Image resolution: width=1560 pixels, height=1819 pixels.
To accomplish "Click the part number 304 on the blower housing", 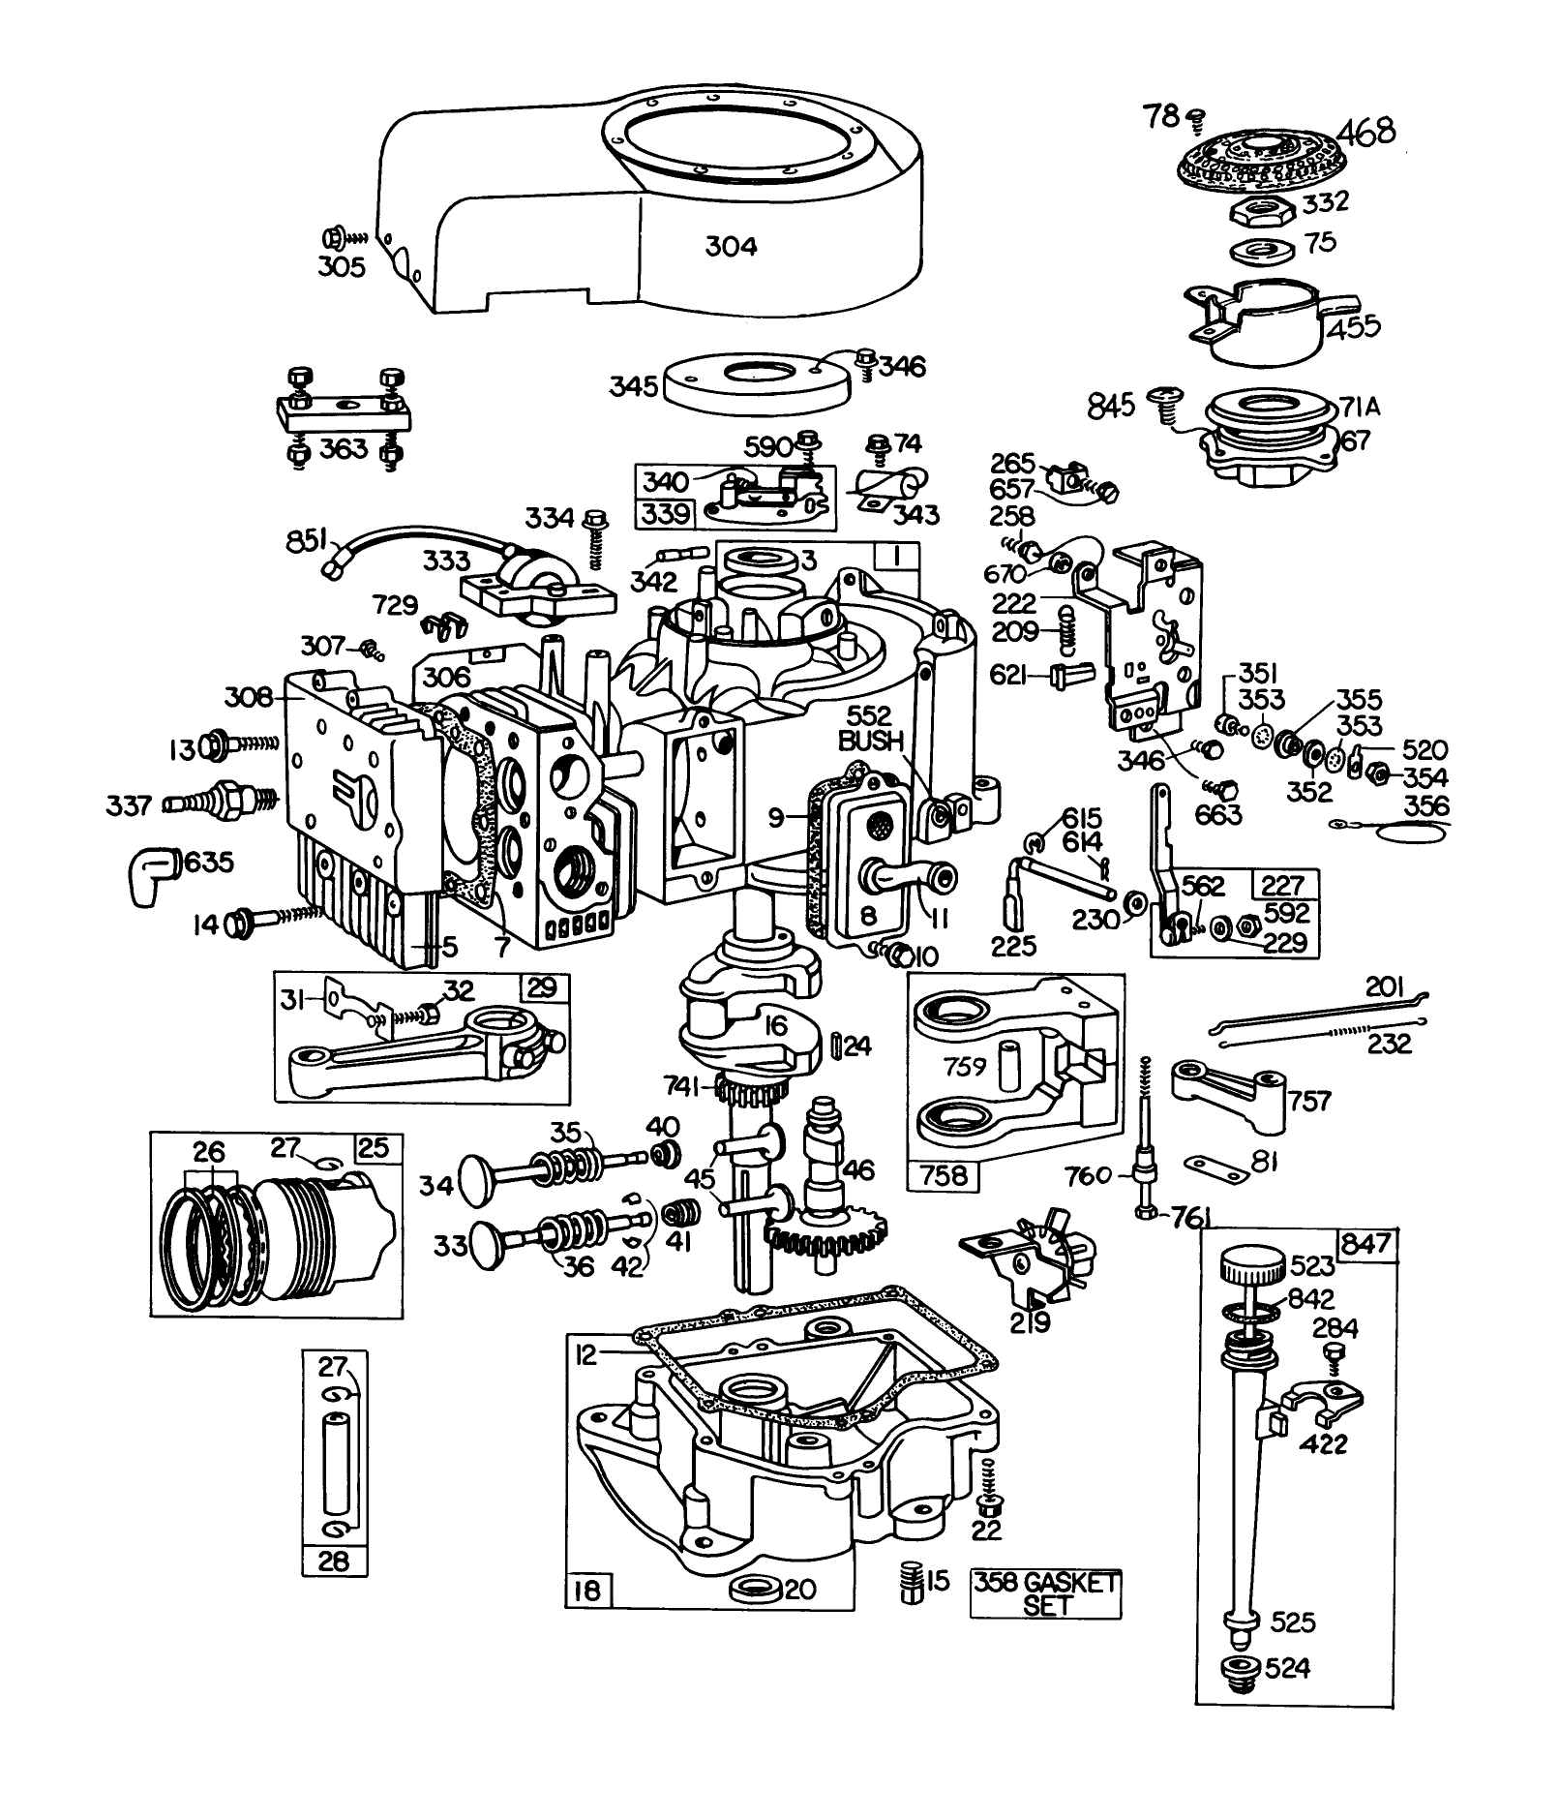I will (731, 247).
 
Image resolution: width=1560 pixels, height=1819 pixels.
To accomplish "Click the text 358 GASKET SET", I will (1045, 1592).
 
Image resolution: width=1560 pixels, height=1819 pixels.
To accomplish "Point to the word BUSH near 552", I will (871, 743).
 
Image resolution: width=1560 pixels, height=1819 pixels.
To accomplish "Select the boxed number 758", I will (945, 1174).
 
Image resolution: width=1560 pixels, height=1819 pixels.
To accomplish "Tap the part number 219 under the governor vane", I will (1031, 1320).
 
